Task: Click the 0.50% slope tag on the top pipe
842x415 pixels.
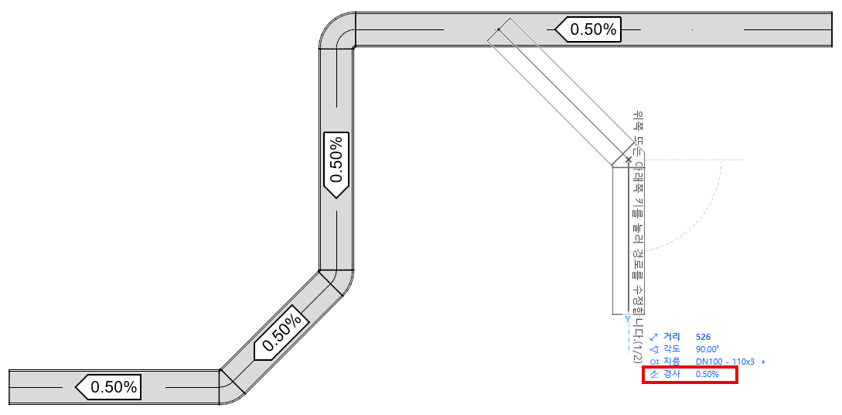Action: pyautogui.click(x=589, y=29)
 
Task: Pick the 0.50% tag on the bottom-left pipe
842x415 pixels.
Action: pyautogui.click(x=108, y=386)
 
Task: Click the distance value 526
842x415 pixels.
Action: pyautogui.click(x=703, y=337)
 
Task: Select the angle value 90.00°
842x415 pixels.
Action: pyautogui.click(x=707, y=349)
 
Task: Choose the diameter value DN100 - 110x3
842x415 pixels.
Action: pyautogui.click(x=724, y=362)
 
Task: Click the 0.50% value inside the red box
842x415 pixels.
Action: pyautogui.click(x=707, y=375)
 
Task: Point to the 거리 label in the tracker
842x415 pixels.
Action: pyautogui.click(x=671, y=337)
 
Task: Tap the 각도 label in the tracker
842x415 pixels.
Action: pyautogui.click(x=671, y=349)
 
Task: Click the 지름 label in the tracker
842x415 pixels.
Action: pyautogui.click(x=671, y=362)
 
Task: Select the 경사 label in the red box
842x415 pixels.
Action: pyautogui.click(x=671, y=375)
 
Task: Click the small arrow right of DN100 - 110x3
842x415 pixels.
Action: pyautogui.click(x=764, y=362)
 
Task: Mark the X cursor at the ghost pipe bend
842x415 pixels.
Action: pyautogui.click(x=628, y=159)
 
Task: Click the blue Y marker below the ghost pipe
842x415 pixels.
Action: pyautogui.click(x=628, y=318)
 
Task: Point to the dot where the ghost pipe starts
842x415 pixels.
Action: pyautogui.click(x=499, y=29)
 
